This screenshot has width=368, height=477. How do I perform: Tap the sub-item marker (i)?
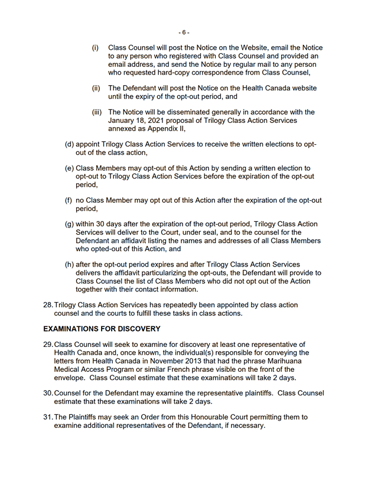95,47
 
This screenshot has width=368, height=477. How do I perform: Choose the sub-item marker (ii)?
96,88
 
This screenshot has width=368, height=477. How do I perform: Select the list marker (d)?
69,144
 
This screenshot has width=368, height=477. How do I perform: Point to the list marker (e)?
69,168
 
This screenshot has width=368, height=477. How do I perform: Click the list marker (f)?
69,200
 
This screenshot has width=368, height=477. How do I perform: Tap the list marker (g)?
69,224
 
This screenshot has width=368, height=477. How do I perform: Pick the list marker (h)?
69,264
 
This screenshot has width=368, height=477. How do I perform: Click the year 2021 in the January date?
157,120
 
